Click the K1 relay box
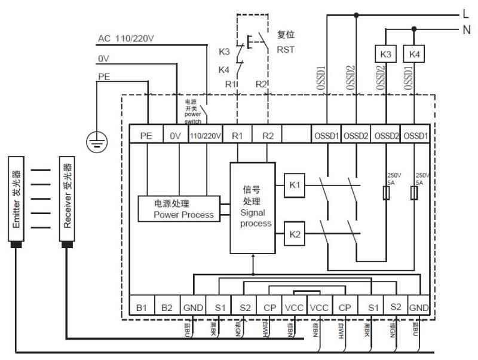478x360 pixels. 295,185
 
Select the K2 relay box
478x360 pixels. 295,233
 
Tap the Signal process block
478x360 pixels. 253,206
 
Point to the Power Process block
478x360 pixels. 179,209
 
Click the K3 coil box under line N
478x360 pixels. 386,54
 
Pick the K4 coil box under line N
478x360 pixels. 414,54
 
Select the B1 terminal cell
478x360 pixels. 142,307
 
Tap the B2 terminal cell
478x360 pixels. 167,307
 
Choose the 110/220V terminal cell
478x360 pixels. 206,136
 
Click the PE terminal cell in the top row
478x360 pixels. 146,136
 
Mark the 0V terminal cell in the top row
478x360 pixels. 175,136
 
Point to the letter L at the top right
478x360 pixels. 465,13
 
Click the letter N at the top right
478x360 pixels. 466,29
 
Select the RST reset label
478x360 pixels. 286,50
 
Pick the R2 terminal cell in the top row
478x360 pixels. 267,136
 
